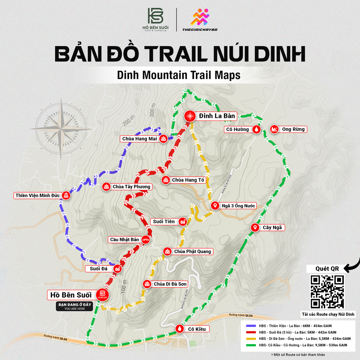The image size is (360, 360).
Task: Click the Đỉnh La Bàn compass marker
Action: coord(190,116)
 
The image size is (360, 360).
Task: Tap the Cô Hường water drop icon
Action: coord(257,129)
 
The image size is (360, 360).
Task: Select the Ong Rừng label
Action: coord(293,129)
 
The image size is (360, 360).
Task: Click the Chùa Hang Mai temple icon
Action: coord(163,139)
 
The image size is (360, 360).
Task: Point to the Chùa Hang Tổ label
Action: coord(188,180)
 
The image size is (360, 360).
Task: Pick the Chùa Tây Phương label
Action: coord(131,187)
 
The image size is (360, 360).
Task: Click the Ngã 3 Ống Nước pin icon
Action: coord(214,205)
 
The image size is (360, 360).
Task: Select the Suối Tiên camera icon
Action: coord(183,221)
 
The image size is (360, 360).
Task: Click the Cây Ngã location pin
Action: coord(255,227)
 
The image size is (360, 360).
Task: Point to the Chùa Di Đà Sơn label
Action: coord(171,284)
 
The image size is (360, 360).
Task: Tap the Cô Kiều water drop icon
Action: coord(180,329)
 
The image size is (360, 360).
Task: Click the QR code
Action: coord(327,292)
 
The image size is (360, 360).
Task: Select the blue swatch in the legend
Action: coord(250,326)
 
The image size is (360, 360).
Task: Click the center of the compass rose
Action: coord(61,129)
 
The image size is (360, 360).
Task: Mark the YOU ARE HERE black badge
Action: coord(75,306)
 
